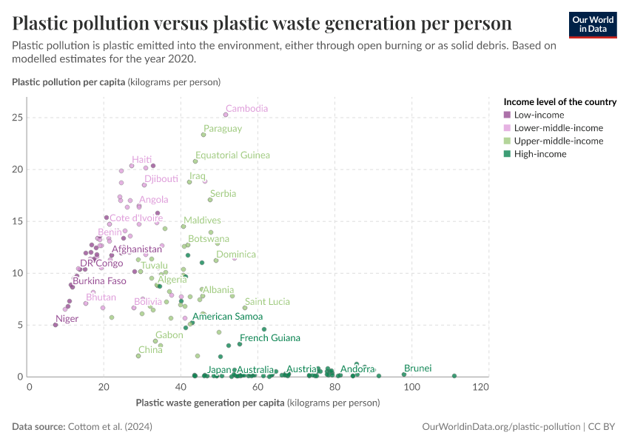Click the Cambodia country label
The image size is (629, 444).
pos(246,109)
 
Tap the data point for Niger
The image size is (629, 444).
pos(55,324)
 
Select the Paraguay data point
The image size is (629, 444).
pos(203,135)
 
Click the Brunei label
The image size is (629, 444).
pos(417,369)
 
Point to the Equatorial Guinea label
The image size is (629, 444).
pos(232,155)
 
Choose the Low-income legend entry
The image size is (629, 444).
pos(539,115)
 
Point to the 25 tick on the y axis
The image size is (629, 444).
pos(18,118)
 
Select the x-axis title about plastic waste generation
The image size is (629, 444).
pos(258,403)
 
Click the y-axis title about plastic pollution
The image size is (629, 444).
pos(116,81)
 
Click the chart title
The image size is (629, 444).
pos(262,23)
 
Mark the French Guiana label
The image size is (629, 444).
pos(269,338)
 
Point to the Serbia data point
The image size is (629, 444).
pos(210,200)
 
